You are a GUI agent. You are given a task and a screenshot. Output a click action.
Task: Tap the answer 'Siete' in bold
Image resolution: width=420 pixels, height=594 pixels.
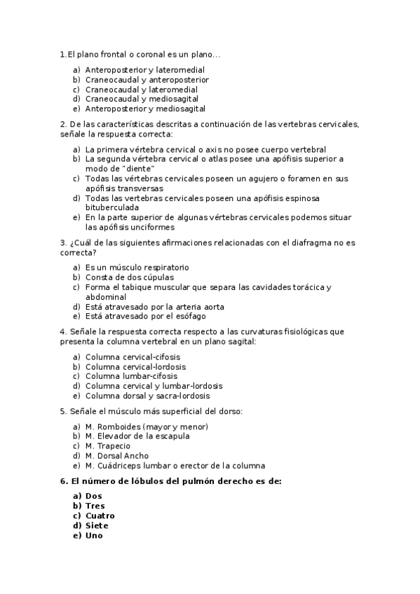tap(97, 526)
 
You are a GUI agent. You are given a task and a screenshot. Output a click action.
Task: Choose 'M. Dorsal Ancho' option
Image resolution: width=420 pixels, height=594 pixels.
tap(116, 456)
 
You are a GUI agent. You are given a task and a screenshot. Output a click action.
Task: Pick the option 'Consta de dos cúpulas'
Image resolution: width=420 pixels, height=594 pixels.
tap(129, 277)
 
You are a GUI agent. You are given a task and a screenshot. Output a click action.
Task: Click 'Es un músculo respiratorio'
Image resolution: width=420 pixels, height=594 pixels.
tap(137, 268)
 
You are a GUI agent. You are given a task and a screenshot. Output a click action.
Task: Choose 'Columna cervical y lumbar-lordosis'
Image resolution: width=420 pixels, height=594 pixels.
tap(154, 386)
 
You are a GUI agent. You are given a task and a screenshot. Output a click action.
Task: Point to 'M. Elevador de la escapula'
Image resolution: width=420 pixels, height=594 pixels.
tap(137, 436)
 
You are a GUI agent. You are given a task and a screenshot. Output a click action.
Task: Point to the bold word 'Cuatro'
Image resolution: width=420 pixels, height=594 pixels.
tap(100, 516)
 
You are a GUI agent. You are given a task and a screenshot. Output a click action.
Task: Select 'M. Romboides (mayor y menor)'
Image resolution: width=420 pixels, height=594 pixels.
tap(147, 427)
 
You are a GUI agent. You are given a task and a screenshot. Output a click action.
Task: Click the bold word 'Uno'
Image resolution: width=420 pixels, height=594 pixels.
tap(94, 536)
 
